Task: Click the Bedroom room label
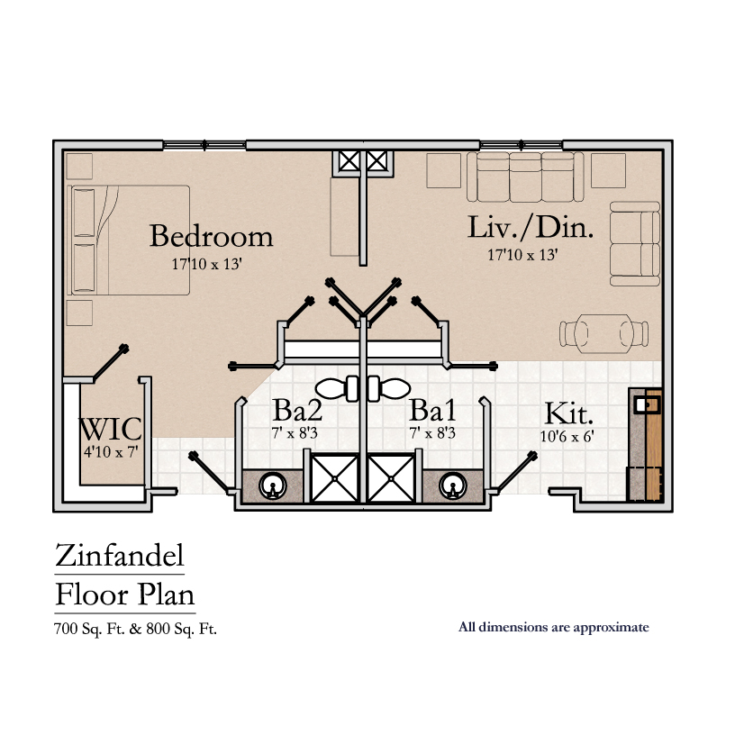pos(211,236)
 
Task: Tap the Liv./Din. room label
pos(531,227)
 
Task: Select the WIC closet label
pos(111,428)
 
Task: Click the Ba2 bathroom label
pos(297,412)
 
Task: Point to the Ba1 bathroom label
pos(432,412)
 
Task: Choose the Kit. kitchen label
pos(569,414)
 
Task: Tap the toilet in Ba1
pos(388,389)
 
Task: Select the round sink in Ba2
pos(271,487)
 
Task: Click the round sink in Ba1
pos(451,487)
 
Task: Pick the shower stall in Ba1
pos(391,478)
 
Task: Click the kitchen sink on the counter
pos(645,404)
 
